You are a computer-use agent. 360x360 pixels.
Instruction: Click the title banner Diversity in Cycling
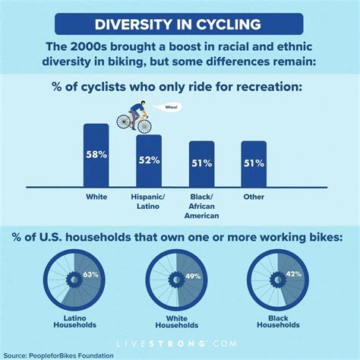point(180,23)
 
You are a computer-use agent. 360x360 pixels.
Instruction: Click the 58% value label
point(96,155)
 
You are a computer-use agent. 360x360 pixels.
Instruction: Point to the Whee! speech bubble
point(159,108)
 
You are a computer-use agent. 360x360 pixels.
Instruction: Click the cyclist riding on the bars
point(134,118)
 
